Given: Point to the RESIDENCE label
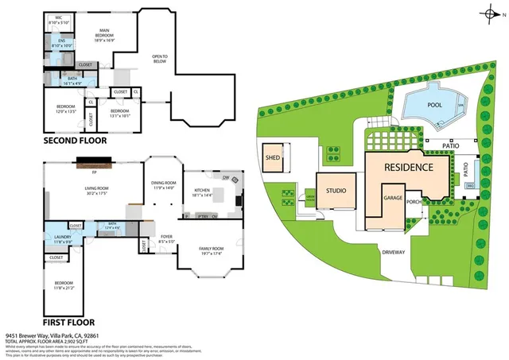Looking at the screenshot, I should coord(409,168).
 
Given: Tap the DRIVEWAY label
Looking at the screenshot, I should coord(393,253).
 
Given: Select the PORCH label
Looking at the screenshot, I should coord(414,202).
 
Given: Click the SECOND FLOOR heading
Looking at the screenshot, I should coord(77,141).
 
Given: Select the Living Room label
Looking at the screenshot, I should coord(96,190).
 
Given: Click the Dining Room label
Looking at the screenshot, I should coord(162,185).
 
